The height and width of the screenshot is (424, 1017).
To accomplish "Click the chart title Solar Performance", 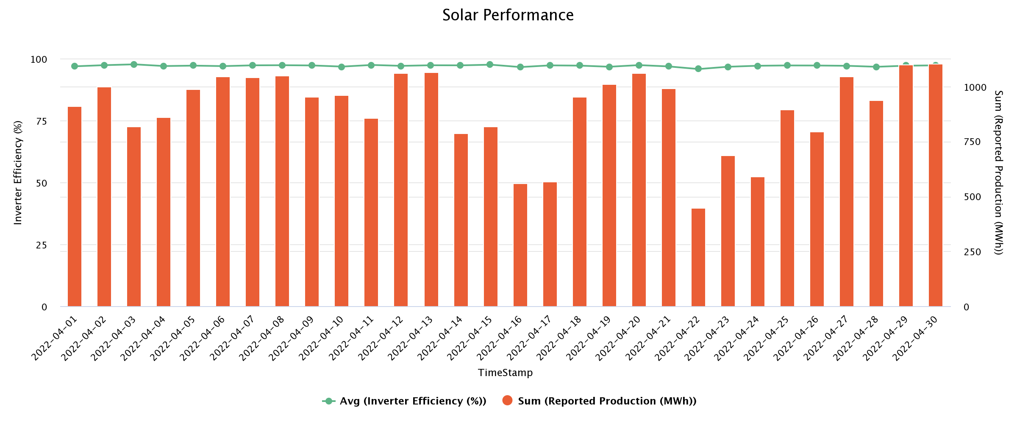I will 508,15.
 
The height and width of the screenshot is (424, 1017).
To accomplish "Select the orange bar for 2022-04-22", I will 698,257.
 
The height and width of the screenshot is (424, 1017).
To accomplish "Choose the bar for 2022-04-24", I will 757,242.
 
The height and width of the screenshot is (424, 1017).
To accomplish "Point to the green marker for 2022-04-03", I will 134,64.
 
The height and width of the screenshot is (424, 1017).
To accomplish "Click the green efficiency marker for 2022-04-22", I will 698,69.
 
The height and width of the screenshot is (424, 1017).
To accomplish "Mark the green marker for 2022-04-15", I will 490,64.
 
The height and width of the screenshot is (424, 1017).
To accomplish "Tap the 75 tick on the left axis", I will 42,121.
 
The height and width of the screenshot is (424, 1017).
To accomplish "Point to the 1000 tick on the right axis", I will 975,87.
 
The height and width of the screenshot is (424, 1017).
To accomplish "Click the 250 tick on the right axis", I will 973,252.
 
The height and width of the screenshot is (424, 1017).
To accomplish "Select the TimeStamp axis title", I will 505,373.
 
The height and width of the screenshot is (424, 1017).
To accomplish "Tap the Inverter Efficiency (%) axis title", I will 18,173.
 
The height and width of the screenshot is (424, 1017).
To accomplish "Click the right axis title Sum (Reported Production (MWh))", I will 998,173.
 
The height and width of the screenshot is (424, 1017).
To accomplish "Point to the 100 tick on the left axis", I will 39,59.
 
